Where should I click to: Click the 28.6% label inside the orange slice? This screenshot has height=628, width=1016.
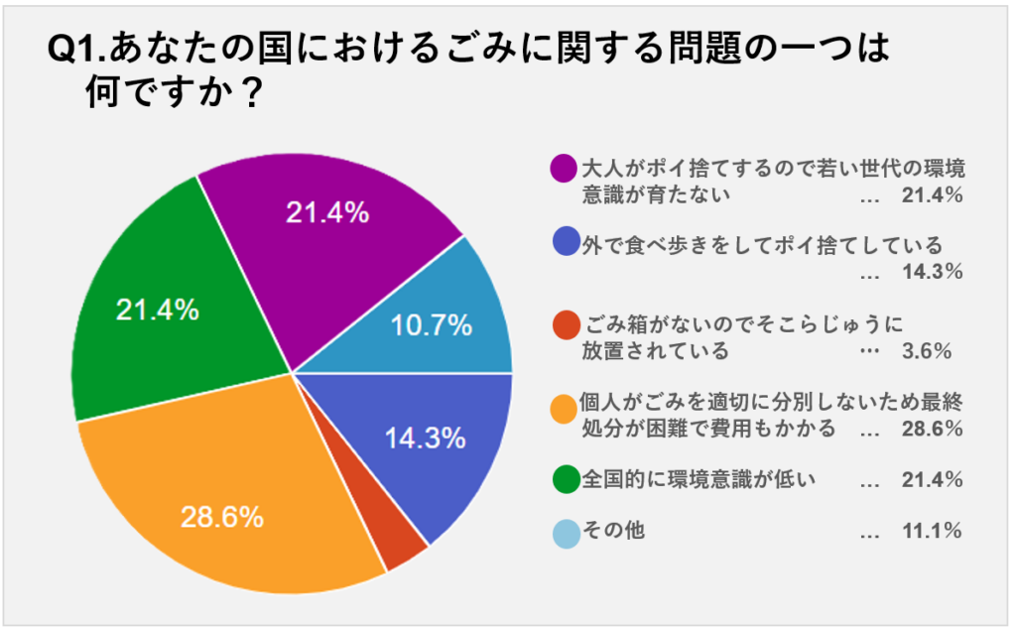click(x=221, y=517)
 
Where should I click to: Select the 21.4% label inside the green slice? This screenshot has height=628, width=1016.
click(x=157, y=311)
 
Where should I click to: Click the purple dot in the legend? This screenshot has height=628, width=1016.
click(x=564, y=168)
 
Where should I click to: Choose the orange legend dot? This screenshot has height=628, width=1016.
click(x=564, y=406)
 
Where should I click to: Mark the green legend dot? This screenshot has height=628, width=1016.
click(x=564, y=481)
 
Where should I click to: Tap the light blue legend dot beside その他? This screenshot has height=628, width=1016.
click(x=564, y=533)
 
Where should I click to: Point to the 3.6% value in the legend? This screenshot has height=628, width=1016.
click(x=932, y=351)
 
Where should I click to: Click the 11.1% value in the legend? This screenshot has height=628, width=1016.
click(x=932, y=531)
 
